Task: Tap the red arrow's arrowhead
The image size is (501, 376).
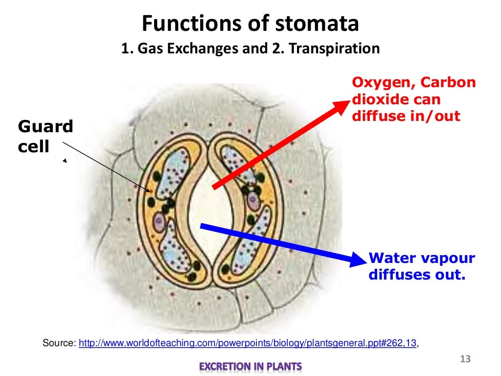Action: point(342,106)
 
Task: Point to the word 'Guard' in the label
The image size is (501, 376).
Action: point(45,127)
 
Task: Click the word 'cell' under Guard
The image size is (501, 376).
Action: point(34,146)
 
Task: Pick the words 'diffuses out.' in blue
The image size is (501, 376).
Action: point(415,275)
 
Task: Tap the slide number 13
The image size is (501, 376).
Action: point(465,360)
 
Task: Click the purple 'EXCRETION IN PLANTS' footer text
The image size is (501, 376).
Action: point(250,366)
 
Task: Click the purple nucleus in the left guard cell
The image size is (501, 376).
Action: point(159,221)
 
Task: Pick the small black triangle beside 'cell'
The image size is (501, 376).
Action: point(64,161)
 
